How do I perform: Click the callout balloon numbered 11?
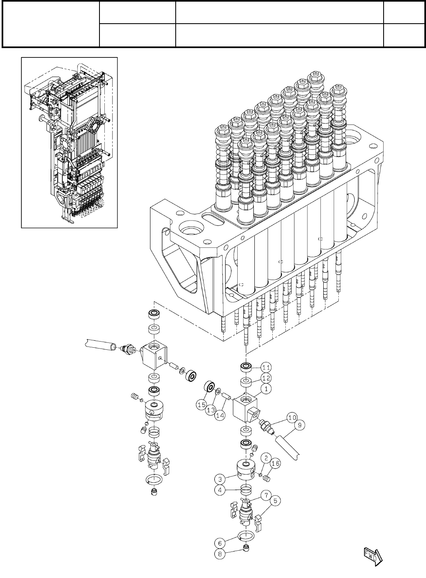[x=265, y=366]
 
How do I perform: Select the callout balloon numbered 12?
[x=265, y=377]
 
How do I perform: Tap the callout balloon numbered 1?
[x=265, y=389]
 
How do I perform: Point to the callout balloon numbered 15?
[x=201, y=405]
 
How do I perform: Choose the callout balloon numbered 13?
[x=211, y=410]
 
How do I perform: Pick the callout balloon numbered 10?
[x=291, y=417]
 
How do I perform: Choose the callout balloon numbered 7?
[x=265, y=495]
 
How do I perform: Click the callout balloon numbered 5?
[x=275, y=500]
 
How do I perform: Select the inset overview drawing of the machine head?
[x=69, y=142]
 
